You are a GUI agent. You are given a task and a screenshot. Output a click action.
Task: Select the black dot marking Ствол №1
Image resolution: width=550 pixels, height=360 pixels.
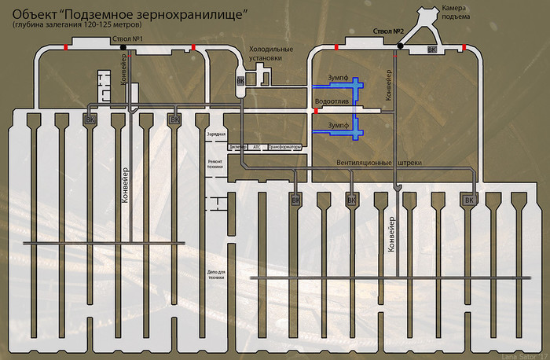[x=123, y=48]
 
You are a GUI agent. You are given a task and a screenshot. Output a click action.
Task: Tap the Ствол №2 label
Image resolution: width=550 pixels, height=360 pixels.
[x=388, y=31]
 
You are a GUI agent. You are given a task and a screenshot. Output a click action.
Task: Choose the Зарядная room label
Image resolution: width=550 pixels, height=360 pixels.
[x=216, y=134]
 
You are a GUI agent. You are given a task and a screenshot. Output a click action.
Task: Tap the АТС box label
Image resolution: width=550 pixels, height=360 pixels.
[x=255, y=147]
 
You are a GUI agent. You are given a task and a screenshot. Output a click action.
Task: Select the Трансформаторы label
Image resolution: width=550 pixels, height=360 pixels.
[x=284, y=147]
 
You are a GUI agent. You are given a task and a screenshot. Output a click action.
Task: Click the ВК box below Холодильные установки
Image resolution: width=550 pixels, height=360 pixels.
[x=240, y=81]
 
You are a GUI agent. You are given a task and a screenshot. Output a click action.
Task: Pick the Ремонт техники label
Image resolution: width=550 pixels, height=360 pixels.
[x=215, y=163]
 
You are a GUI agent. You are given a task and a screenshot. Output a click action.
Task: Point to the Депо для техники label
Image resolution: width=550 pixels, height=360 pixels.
[x=215, y=276]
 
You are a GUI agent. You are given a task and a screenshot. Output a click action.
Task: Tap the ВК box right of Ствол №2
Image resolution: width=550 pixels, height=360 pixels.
[x=431, y=50]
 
